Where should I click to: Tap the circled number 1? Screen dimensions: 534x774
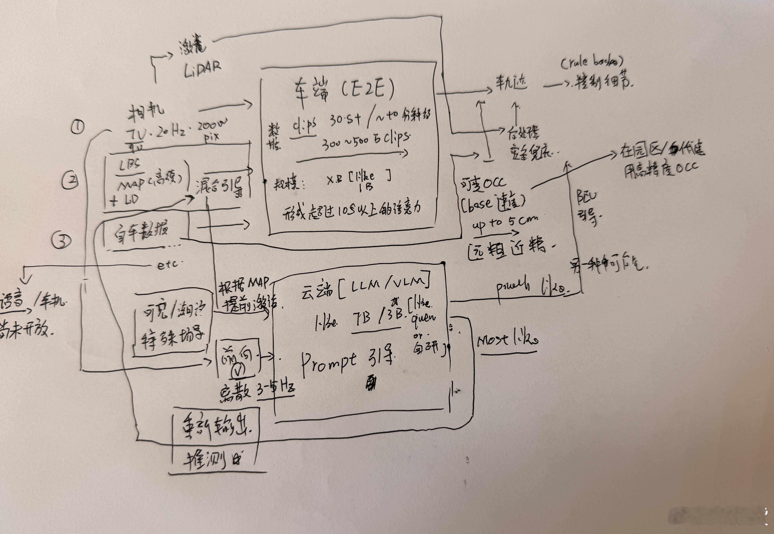pos(78,127)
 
